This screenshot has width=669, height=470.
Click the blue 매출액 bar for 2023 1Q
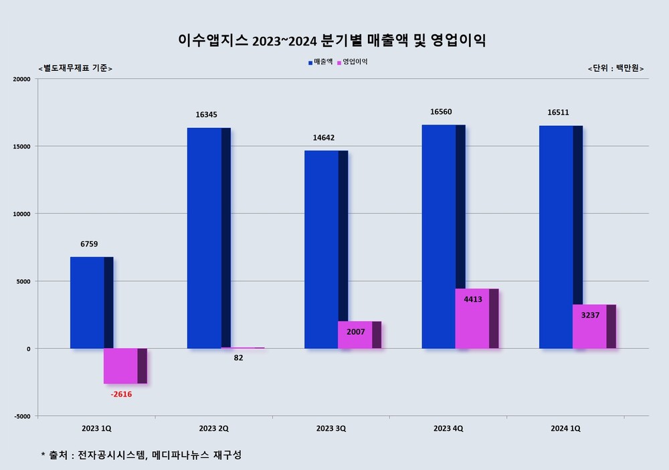[88, 303]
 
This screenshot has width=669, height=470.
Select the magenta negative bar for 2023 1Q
[121, 366]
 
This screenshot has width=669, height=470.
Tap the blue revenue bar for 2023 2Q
[205, 238]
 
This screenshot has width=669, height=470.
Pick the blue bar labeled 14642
[322, 249]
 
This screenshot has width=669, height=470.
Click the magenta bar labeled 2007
[355, 335]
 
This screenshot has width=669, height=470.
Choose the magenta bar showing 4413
[472, 319]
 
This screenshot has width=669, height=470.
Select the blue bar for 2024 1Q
[557, 237]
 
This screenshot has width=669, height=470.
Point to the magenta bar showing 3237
[590, 327]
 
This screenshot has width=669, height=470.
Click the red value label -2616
[121, 394]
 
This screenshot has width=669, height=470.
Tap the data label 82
[239, 358]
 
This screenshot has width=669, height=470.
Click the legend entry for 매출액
[320, 62]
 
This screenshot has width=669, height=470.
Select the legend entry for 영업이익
[353, 62]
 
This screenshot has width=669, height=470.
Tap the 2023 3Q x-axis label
[331, 428]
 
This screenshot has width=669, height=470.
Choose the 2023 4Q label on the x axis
[448, 428]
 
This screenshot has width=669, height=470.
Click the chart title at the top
[332, 40]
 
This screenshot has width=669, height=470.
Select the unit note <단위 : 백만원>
[611, 68]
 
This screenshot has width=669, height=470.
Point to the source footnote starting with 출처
[141, 455]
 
